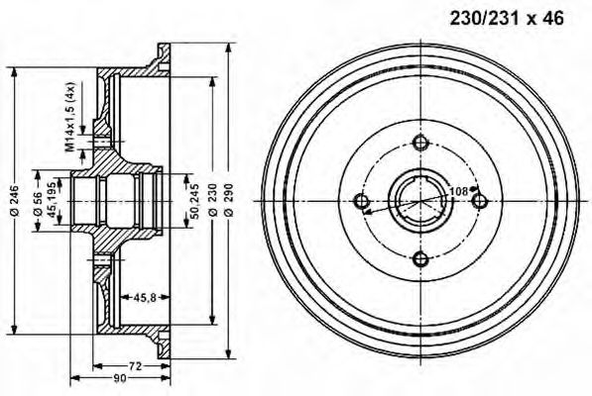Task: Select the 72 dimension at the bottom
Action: (136, 365)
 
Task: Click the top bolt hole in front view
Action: (420, 145)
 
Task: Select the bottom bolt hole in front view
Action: (420, 260)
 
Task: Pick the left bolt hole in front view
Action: (363, 203)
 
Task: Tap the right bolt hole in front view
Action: (479, 202)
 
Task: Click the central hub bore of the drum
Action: (420, 202)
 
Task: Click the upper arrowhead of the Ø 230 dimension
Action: (212, 81)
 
